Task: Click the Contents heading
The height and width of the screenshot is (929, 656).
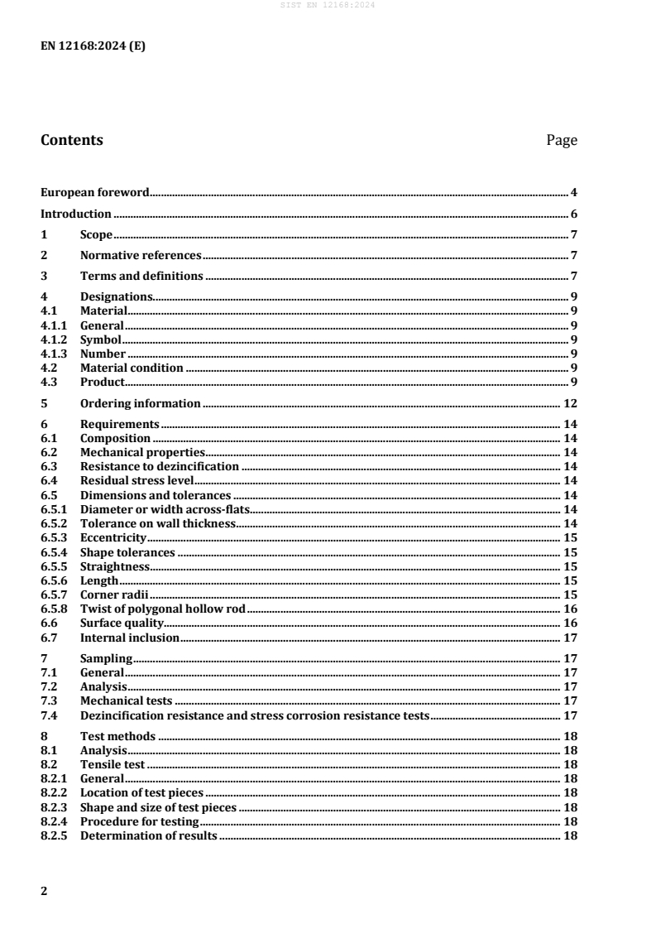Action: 72,140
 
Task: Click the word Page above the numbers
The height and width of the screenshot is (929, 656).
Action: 562,141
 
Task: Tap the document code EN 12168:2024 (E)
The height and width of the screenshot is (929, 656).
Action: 93,46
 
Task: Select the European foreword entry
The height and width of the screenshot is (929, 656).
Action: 95,193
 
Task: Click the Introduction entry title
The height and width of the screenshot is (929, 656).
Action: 76,214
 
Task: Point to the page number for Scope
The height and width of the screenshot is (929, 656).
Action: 573,234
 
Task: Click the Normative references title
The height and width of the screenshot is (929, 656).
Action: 141,255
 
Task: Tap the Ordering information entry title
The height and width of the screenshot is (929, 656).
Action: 140,403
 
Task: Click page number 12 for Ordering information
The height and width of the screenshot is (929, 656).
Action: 570,403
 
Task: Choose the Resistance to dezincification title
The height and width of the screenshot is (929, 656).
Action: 160,466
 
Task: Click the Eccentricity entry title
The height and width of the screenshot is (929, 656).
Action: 113,537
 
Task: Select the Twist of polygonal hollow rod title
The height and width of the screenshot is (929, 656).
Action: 163,609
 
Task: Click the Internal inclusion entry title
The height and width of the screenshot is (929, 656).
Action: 129,637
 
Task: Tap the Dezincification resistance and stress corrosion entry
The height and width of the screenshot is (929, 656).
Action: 255,715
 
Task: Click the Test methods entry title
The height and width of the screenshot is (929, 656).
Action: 117,736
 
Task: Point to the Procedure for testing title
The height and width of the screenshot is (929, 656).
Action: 139,821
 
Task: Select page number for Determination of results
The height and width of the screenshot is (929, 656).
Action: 570,835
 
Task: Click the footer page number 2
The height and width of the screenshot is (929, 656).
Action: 44,892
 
